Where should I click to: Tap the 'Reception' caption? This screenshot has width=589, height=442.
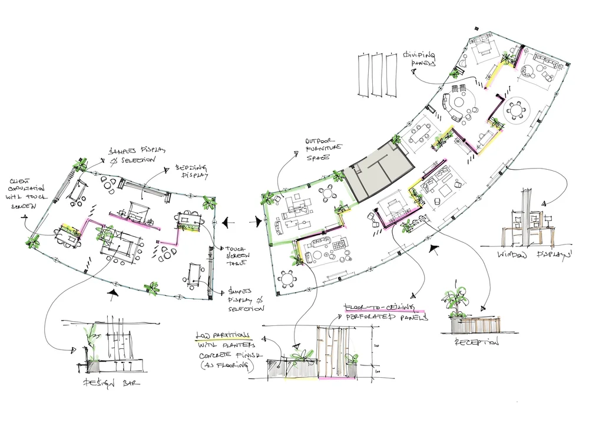click(x=477, y=342)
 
